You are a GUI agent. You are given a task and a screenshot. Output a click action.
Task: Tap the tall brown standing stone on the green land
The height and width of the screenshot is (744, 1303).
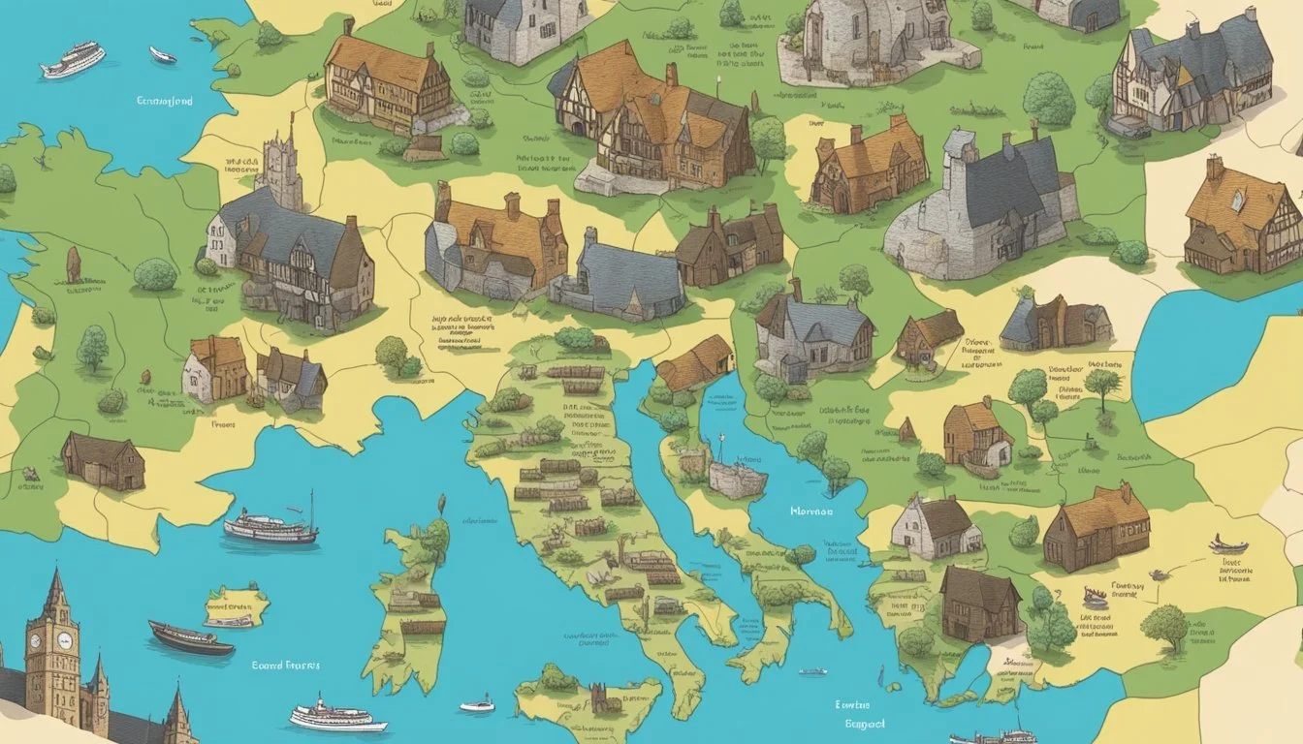74,264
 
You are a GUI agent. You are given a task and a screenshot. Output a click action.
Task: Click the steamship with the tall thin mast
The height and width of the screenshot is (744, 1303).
271,526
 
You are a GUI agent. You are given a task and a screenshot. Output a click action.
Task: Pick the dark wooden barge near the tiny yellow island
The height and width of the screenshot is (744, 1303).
190,638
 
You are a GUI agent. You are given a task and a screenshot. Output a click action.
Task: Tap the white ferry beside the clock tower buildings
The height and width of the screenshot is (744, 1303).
337,718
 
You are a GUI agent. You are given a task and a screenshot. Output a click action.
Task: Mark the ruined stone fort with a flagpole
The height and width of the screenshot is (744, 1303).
737,476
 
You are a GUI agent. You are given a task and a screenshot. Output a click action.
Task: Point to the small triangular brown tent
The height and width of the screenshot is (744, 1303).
907,430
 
